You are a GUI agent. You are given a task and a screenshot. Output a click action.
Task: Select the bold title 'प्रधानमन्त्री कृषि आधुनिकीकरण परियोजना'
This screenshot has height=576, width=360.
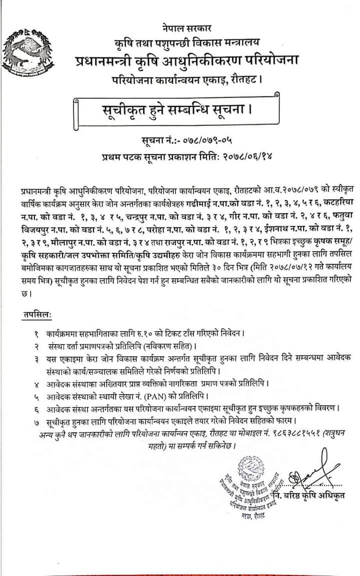pyautogui.click(x=187, y=62)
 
